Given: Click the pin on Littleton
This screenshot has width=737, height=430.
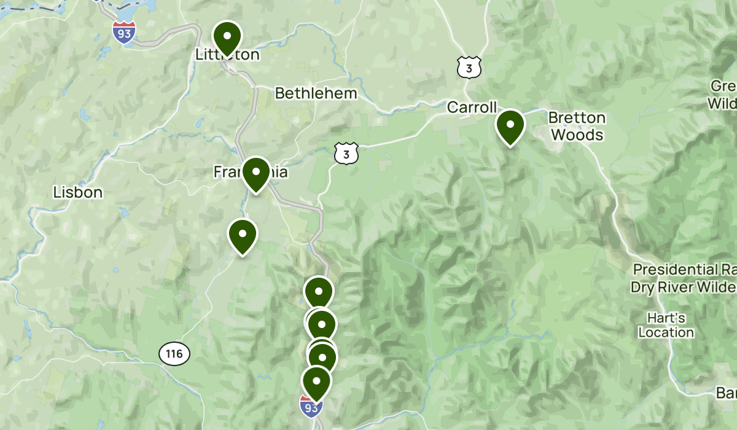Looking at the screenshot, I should pyautogui.click(x=227, y=37).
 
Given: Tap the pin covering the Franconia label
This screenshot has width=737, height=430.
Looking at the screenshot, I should pyautogui.click(x=256, y=173).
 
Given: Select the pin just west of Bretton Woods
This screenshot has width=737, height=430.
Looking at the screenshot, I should pyautogui.click(x=510, y=126).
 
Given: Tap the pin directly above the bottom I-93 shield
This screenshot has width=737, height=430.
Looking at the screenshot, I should pyautogui.click(x=317, y=382).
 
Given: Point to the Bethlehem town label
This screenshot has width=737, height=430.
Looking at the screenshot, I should pyautogui.click(x=316, y=93).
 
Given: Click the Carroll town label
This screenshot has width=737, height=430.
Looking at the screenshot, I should pyautogui.click(x=472, y=107).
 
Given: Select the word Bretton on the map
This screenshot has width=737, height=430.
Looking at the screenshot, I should pyautogui.click(x=577, y=117).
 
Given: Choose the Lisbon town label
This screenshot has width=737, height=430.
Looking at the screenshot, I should pyautogui.click(x=77, y=192).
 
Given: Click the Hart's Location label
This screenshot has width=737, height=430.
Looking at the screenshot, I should pyautogui.click(x=666, y=326).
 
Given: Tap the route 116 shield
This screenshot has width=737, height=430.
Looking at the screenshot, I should pyautogui.click(x=174, y=353).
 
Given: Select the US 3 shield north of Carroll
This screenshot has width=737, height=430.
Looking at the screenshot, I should pyautogui.click(x=469, y=68).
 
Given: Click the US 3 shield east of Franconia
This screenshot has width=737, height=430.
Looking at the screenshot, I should pyautogui.click(x=346, y=154).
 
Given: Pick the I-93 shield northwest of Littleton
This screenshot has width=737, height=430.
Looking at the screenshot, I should pyautogui.click(x=124, y=32).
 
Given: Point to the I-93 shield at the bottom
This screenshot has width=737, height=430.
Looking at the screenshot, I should pyautogui.click(x=311, y=406).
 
